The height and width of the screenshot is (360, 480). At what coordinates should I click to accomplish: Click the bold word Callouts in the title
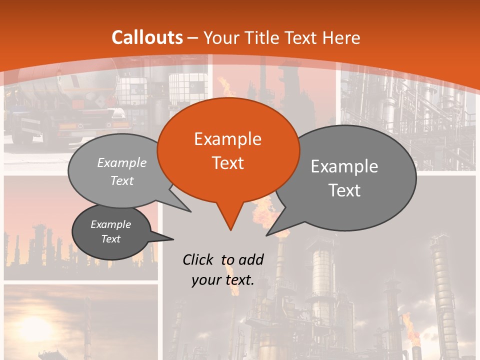pyautogui.click(x=147, y=37)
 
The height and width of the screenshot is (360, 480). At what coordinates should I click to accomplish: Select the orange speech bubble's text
pyautogui.click(x=228, y=150)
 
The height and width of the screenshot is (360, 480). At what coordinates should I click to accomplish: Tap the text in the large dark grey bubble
pyautogui.click(x=344, y=178)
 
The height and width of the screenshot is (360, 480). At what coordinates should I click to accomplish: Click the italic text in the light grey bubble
pyautogui.click(x=122, y=171)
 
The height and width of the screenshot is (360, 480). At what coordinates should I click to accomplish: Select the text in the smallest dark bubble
pyautogui.click(x=110, y=231)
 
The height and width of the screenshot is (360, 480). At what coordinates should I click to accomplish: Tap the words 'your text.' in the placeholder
pyautogui.click(x=223, y=280)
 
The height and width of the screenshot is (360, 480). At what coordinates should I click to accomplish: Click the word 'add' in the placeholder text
pyautogui.click(x=250, y=259)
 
